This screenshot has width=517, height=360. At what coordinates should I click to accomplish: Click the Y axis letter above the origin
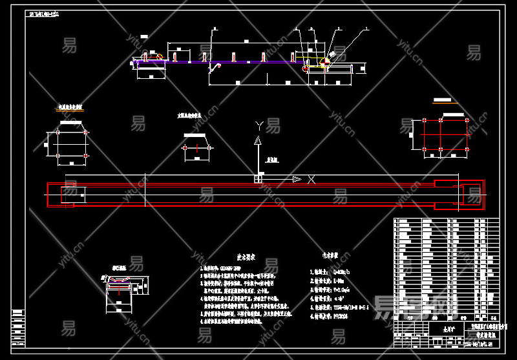(x=259, y=124)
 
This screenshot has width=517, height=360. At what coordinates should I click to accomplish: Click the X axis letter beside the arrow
(x=311, y=179)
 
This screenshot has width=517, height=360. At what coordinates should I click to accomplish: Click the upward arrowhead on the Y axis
(x=258, y=140)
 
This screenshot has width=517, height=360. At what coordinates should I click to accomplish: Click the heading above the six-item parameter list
(x=332, y=255)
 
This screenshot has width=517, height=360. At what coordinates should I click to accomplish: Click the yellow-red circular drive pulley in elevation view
(x=307, y=67)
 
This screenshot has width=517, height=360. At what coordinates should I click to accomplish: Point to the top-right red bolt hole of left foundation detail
(x=86, y=132)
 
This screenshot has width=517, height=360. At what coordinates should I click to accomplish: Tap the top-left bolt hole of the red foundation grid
(x=423, y=121)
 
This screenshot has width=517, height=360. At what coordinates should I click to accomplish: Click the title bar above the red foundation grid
(x=442, y=101)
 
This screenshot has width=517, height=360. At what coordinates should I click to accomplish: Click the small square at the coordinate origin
(x=258, y=179)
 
